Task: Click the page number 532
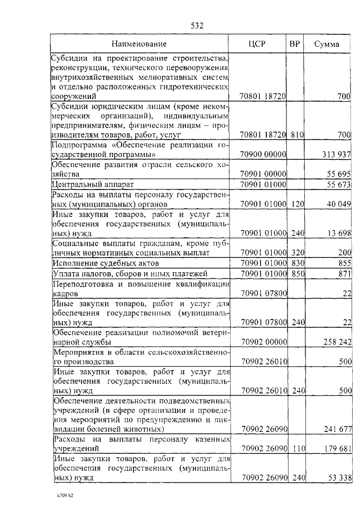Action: click(x=196, y=25)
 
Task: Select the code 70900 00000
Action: click(x=263, y=154)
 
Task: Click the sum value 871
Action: click(x=345, y=273)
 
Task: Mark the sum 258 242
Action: click(x=337, y=342)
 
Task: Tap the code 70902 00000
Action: click(x=263, y=342)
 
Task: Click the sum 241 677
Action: click(x=337, y=429)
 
